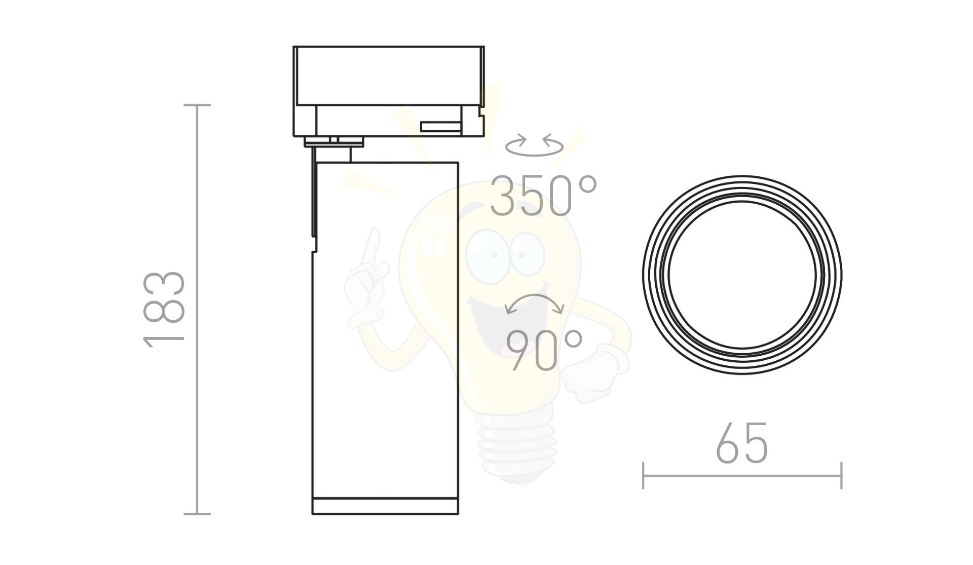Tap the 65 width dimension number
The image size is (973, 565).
click(x=742, y=443)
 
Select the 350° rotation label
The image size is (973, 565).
click(x=544, y=195)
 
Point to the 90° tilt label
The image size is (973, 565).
click(x=544, y=350)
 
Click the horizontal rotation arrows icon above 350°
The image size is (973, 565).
click(x=534, y=145)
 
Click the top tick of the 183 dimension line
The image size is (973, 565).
click(x=197, y=105)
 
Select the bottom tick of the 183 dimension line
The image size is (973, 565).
click(x=197, y=514)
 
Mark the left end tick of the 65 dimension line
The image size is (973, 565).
click(x=643, y=475)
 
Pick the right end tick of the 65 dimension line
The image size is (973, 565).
click(x=841, y=475)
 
